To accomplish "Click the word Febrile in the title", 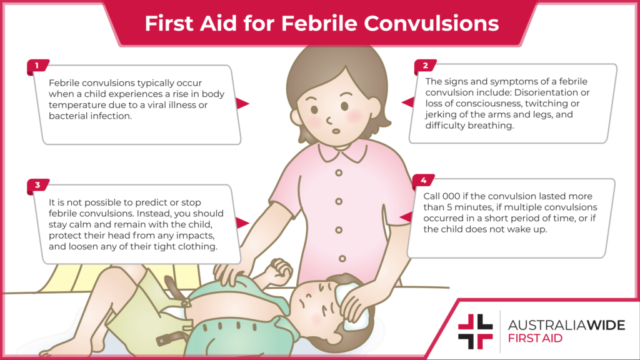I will coord(317,24).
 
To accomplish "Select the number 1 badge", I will coord(36,65).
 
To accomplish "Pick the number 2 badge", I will coord(425,65).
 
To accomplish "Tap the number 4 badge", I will coord(423,181).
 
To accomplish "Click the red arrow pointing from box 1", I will coord(242,104).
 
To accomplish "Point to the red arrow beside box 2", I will coord(407,102).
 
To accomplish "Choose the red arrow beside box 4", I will coord(405,217).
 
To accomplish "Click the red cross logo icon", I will coord(475,331).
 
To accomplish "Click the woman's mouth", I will coord(336,130).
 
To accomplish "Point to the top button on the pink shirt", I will coord(338,172).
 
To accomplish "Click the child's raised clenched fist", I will coord(279,269).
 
